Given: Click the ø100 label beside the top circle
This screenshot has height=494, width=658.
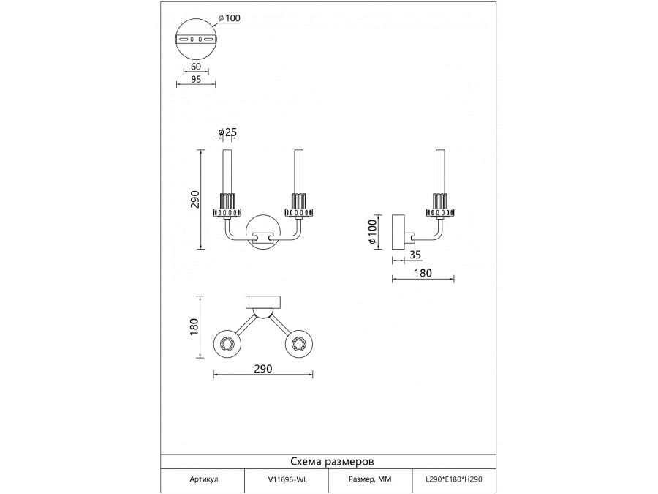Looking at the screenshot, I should (x=229, y=19).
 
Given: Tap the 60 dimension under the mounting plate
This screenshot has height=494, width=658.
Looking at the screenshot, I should (x=196, y=66).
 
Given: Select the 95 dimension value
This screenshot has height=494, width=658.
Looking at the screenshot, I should (x=196, y=80).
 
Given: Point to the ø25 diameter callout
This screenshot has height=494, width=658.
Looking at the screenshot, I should (x=227, y=132).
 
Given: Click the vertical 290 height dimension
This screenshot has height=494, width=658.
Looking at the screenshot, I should (x=195, y=200).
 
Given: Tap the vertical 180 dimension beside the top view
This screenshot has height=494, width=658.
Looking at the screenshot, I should (x=195, y=327).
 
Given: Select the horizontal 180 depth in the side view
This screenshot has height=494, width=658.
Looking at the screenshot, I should (x=423, y=273).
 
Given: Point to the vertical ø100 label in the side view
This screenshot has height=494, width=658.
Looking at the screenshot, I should (x=373, y=233).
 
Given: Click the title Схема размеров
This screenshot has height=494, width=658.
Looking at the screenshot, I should (x=333, y=463).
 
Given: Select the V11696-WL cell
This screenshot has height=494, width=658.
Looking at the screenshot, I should (x=287, y=480).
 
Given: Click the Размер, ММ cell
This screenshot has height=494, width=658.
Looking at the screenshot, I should (x=368, y=480).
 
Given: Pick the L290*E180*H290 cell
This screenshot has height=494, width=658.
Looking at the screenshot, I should (x=455, y=480).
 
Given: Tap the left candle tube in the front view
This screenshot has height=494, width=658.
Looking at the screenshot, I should (x=227, y=172).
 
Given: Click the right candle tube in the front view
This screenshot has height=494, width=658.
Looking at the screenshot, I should (x=298, y=172).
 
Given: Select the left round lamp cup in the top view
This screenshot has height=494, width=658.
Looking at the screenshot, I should (x=227, y=343).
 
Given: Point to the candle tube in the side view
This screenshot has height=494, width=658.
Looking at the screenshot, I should (x=440, y=172).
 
